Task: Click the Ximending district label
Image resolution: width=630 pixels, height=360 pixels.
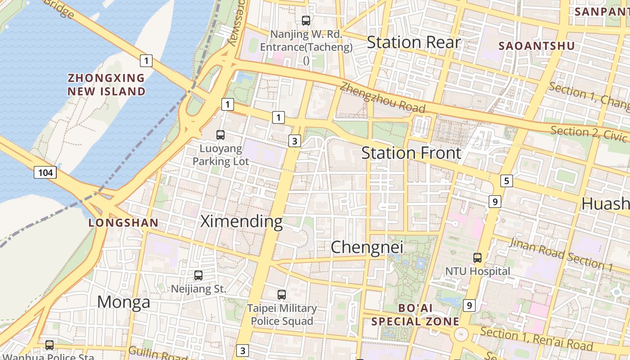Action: point(241,221)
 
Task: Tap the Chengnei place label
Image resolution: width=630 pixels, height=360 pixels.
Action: point(367,247)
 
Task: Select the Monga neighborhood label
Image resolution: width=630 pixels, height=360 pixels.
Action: point(124,302)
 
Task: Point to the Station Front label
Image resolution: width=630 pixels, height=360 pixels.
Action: point(411,153)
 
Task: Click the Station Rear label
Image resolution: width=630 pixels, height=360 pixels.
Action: point(414,42)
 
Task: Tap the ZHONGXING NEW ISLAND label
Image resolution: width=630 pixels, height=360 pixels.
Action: point(107,85)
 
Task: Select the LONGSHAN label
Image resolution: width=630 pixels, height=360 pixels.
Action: point(123,223)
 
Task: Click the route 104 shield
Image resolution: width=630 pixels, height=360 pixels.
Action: point(45,172)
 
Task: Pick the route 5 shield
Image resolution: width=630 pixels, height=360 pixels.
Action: point(507,181)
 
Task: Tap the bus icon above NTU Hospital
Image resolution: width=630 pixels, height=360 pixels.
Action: point(477,258)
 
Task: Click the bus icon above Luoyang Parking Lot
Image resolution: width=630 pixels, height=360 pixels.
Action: point(220,135)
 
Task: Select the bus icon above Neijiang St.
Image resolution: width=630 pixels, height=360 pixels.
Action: point(198,275)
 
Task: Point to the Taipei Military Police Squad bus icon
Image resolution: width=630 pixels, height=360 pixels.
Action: point(282,295)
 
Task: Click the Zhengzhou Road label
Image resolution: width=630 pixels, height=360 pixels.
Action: point(382,98)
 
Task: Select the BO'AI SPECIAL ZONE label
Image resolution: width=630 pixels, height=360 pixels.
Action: point(415,315)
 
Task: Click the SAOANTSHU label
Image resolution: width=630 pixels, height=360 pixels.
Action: point(536,46)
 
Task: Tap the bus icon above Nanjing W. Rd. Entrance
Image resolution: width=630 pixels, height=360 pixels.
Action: point(306,20)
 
